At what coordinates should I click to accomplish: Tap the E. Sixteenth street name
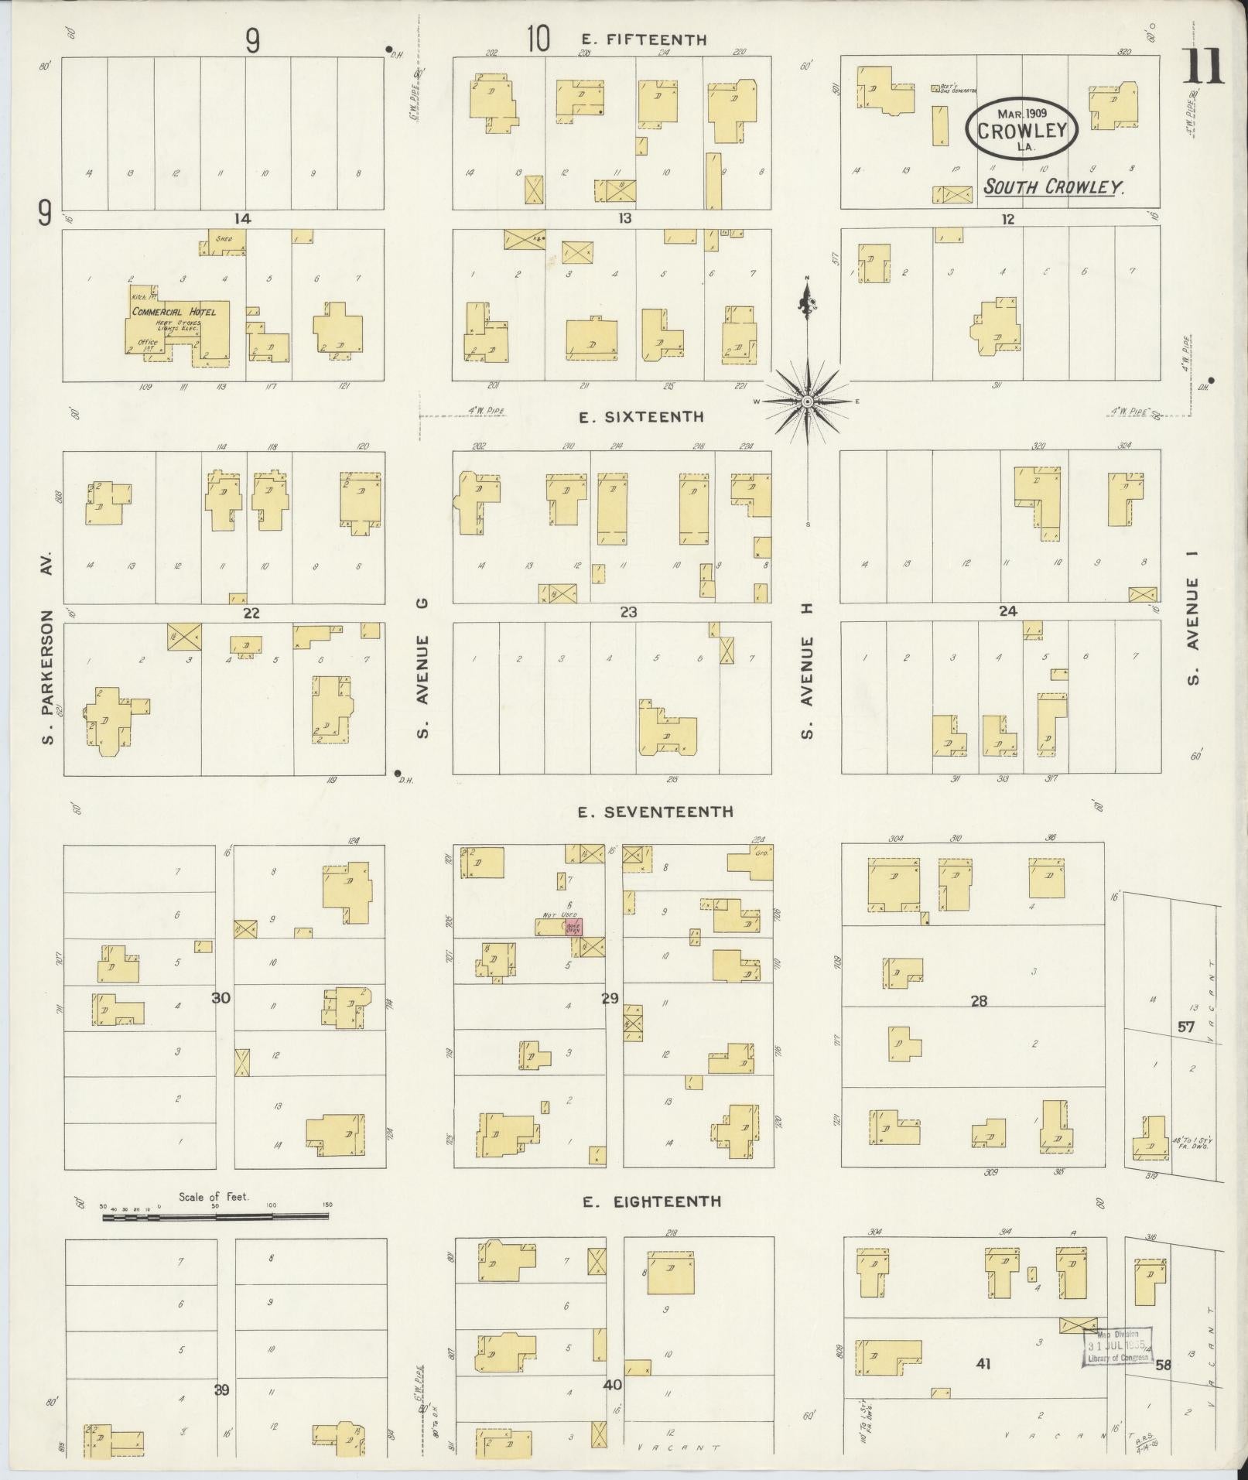pos(641,417)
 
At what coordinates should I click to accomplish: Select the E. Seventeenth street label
pos(655,812)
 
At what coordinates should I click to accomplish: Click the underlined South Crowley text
pos(1053,186)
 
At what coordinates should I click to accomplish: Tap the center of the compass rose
pos(807,402)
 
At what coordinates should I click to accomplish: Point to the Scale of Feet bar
pos(215,1217)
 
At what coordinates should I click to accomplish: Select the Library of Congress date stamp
pos(1116,1346)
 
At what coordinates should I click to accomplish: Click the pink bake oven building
pos(573,926)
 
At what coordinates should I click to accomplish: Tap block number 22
pos(251,613)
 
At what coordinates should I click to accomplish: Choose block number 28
pos(979,1000)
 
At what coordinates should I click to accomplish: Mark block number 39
pos(221,1390)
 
